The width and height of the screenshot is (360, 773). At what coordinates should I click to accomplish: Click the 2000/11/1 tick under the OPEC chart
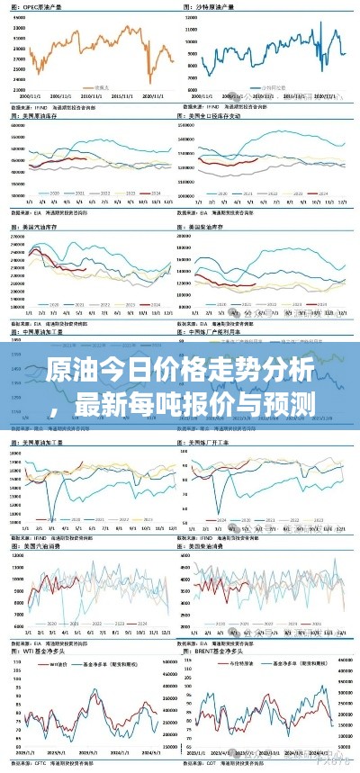click(30, 94)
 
